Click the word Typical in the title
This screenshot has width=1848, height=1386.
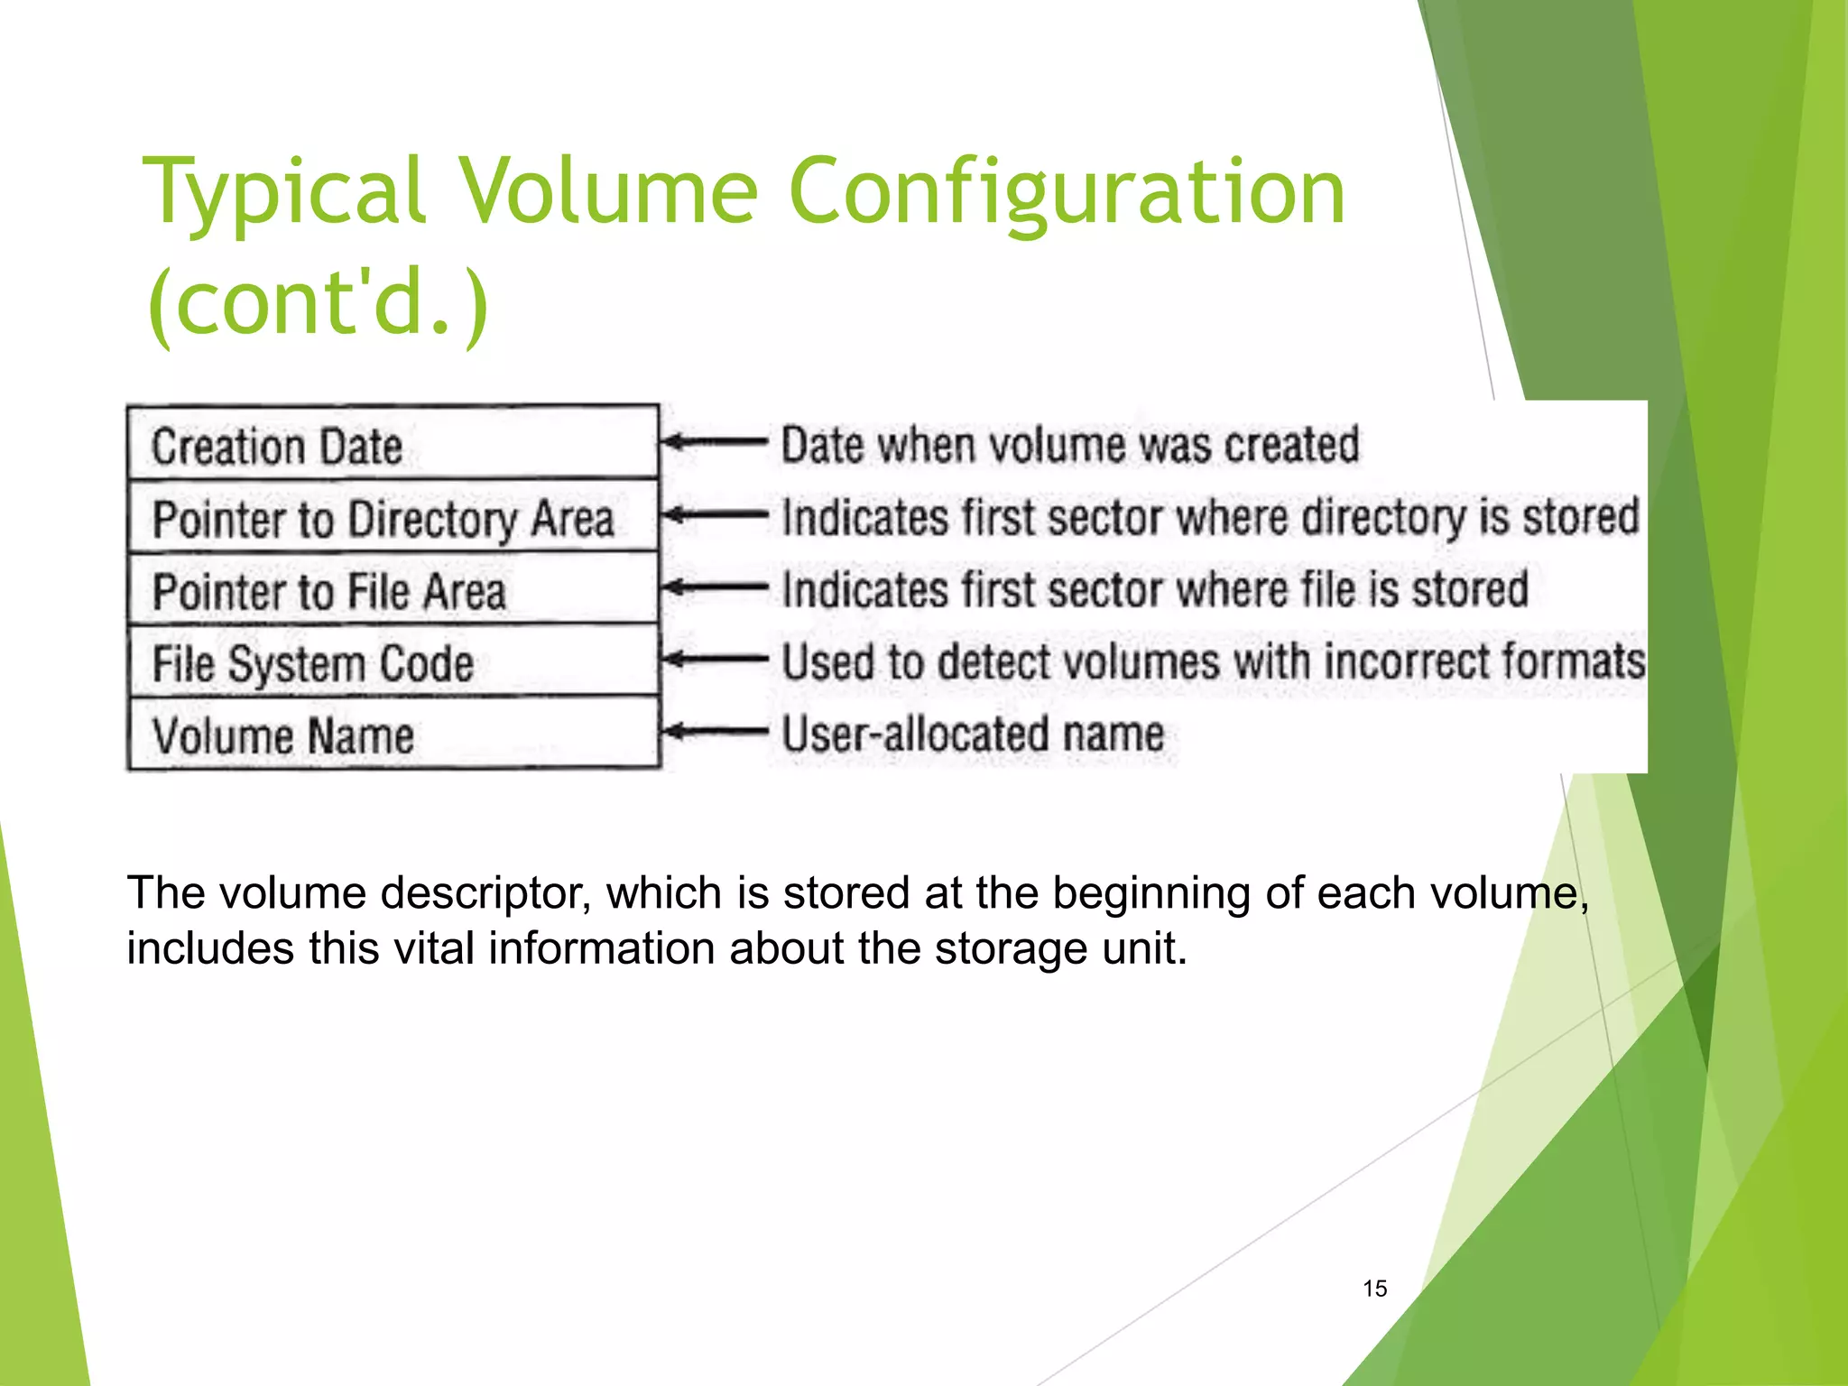284,191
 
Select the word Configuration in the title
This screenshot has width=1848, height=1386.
1067,191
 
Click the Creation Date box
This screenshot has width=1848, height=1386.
393,445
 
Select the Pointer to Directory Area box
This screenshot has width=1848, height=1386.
393,518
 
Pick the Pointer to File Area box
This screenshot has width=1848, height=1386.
393,590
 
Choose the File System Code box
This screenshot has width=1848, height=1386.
393,662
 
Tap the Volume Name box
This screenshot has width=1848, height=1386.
393,735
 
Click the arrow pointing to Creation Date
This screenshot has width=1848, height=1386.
714,442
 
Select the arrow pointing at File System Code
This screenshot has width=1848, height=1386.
714,659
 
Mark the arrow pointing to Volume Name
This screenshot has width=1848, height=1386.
714,731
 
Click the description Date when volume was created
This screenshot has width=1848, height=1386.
1069,445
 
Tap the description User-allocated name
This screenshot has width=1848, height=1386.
973,733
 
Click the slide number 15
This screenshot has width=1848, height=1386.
1374,1289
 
